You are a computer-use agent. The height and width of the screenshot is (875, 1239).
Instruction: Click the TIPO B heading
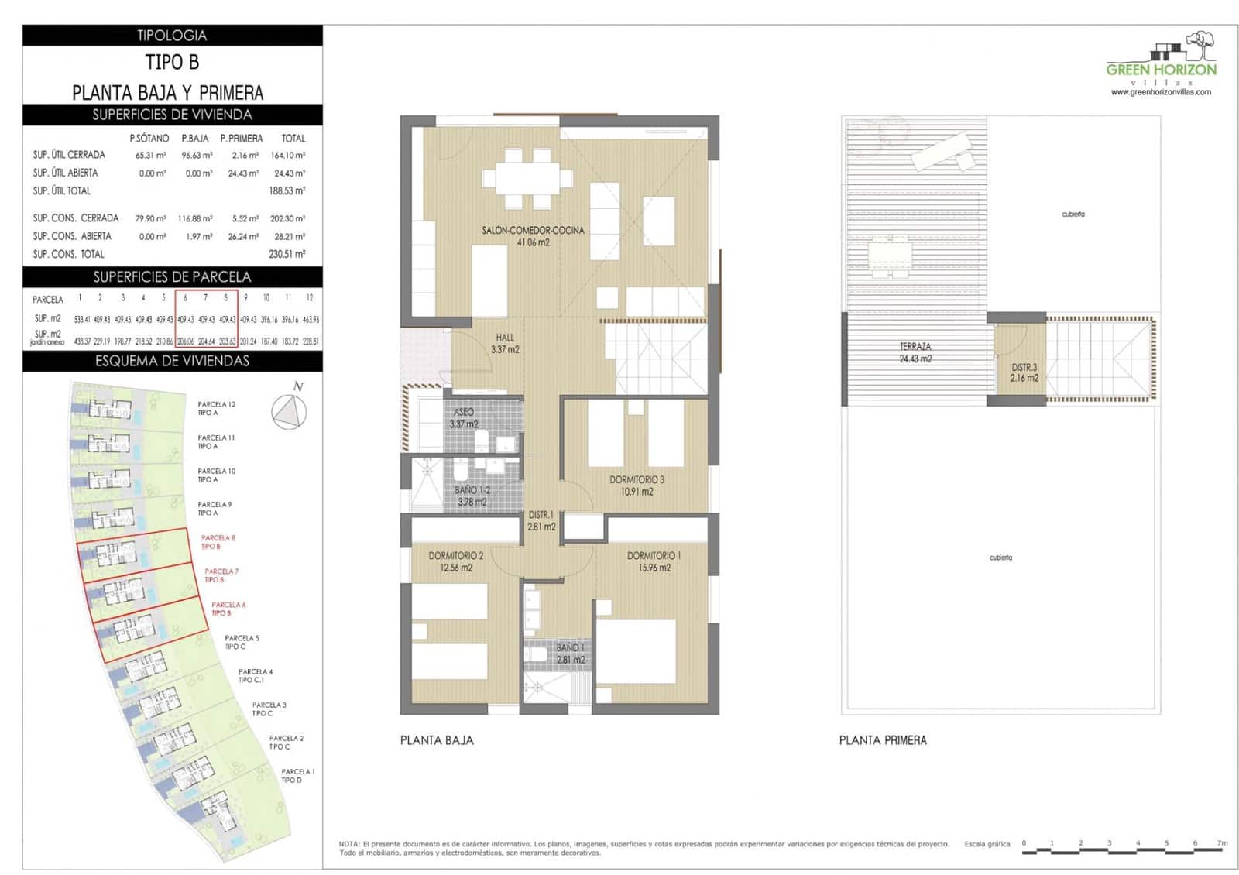point(172,62)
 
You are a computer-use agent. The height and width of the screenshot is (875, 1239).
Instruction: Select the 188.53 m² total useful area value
point(287,190)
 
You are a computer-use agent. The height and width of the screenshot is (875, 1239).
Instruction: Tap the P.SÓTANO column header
point(149,139)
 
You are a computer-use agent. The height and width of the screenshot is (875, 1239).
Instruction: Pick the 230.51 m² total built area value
point(287,254)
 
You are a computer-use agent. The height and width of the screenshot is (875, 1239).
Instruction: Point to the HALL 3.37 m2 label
point(505,343)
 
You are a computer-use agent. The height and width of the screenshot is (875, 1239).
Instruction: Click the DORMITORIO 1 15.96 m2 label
point(654,561)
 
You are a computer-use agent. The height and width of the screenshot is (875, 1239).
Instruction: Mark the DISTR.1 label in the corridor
point(541,520)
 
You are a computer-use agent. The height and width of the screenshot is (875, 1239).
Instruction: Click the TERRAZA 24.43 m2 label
point(915,352)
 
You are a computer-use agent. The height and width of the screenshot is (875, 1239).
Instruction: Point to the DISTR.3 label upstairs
point(1024,372)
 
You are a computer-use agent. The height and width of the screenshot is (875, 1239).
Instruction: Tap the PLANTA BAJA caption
point(437,740)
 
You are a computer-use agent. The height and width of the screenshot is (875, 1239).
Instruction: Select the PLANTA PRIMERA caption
point(883,740)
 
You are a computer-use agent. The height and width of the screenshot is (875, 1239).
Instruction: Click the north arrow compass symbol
point(290,411)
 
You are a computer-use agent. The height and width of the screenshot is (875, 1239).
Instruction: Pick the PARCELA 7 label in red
point(221,575)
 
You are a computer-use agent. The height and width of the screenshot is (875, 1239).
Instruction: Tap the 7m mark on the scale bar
point(1222,843)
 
